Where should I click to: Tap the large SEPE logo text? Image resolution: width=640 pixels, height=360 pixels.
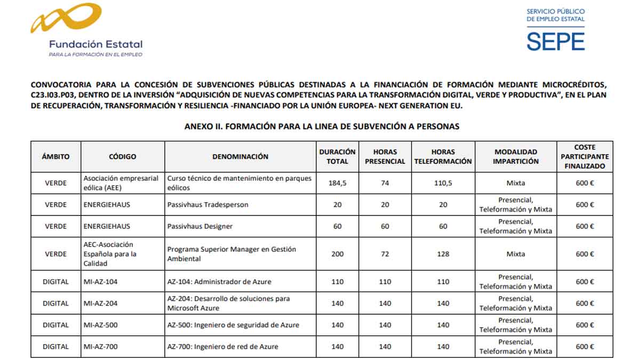[555, 41]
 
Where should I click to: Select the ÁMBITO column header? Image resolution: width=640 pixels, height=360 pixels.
[56, 157]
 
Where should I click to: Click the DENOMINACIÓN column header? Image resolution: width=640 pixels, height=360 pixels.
[240, 157]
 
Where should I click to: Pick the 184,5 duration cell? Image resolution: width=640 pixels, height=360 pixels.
[337, 183]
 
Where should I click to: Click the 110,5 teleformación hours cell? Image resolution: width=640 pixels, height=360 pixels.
[443, 183]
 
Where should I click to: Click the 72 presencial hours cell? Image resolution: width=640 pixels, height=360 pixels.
[385, 254]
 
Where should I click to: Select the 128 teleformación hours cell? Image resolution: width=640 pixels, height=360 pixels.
[443, 254]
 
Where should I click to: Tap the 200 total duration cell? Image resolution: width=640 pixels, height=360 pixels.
[337, 254]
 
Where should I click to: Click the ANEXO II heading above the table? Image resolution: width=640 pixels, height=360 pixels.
[322, 126]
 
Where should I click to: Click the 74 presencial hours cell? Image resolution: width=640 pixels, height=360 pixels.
[385, 183]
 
